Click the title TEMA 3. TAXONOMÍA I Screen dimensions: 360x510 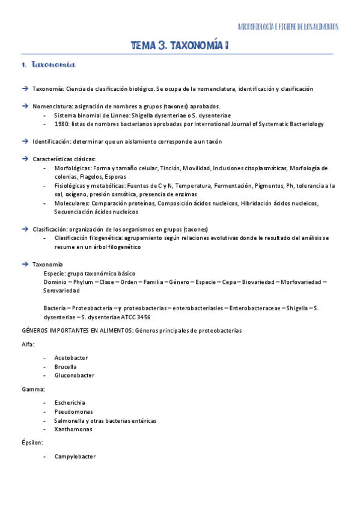click(180, 46)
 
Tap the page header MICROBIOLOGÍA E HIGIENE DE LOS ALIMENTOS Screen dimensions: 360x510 click(288, 26)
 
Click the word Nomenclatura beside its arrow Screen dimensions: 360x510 click(52, 106)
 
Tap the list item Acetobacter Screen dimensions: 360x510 click(71, 358)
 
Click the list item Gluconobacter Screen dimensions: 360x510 click(75, 375)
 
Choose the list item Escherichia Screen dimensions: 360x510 click(70, 402)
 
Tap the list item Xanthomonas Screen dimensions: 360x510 click(73, 429)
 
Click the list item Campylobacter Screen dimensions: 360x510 click(75, 456)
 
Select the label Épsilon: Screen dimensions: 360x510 click(33, 443)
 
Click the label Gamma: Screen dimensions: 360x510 click(32, 389)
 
